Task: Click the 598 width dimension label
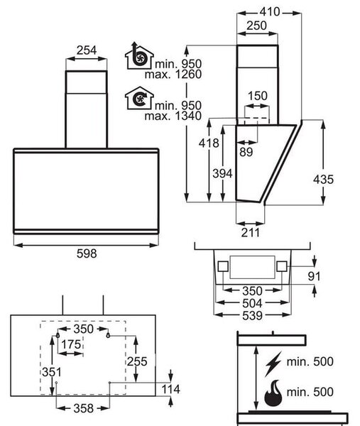87,253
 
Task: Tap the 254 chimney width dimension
87,50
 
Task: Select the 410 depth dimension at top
270,11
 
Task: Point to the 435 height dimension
323,180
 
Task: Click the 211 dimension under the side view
250,233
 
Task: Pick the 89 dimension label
246,152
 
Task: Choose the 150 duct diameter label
258,96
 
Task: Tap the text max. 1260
173,74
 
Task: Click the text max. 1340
173,116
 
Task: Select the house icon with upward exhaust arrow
139,55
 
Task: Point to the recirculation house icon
139,98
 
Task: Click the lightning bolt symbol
273,364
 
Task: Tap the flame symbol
273,393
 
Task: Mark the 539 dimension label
252,316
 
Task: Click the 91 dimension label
314,276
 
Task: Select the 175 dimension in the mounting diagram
71,344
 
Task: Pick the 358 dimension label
83,408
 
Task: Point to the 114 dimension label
171,389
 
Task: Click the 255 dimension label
137,361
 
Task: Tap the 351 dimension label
52,372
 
